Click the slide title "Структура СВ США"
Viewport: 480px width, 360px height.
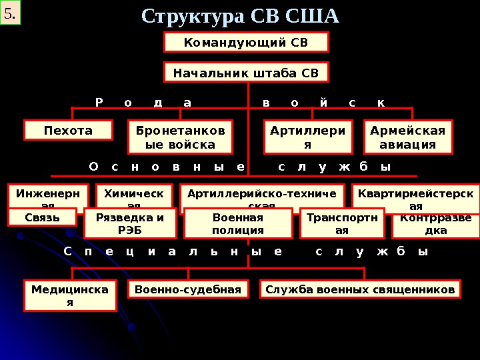[x=241, y=15]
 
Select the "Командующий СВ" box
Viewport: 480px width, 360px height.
[x=246, y=42]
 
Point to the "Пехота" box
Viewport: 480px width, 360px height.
[x=68, y=130]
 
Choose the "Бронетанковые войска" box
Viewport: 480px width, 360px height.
[x=180, y=137]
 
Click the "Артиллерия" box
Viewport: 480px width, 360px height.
[x=307, y=137]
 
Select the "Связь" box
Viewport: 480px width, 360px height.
[x=42, y=217]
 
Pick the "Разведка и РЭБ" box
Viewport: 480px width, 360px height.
[x=130, y=223]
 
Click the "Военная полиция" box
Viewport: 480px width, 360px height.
[x=238, y=223]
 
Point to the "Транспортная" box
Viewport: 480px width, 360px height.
[x=342, y=223]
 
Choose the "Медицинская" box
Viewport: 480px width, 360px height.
[x=70, y=295]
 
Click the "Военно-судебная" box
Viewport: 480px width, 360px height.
[x=188, y=289]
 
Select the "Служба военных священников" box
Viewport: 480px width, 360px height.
[x=360, y=289]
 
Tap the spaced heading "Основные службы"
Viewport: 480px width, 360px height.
[x=240, y=166]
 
